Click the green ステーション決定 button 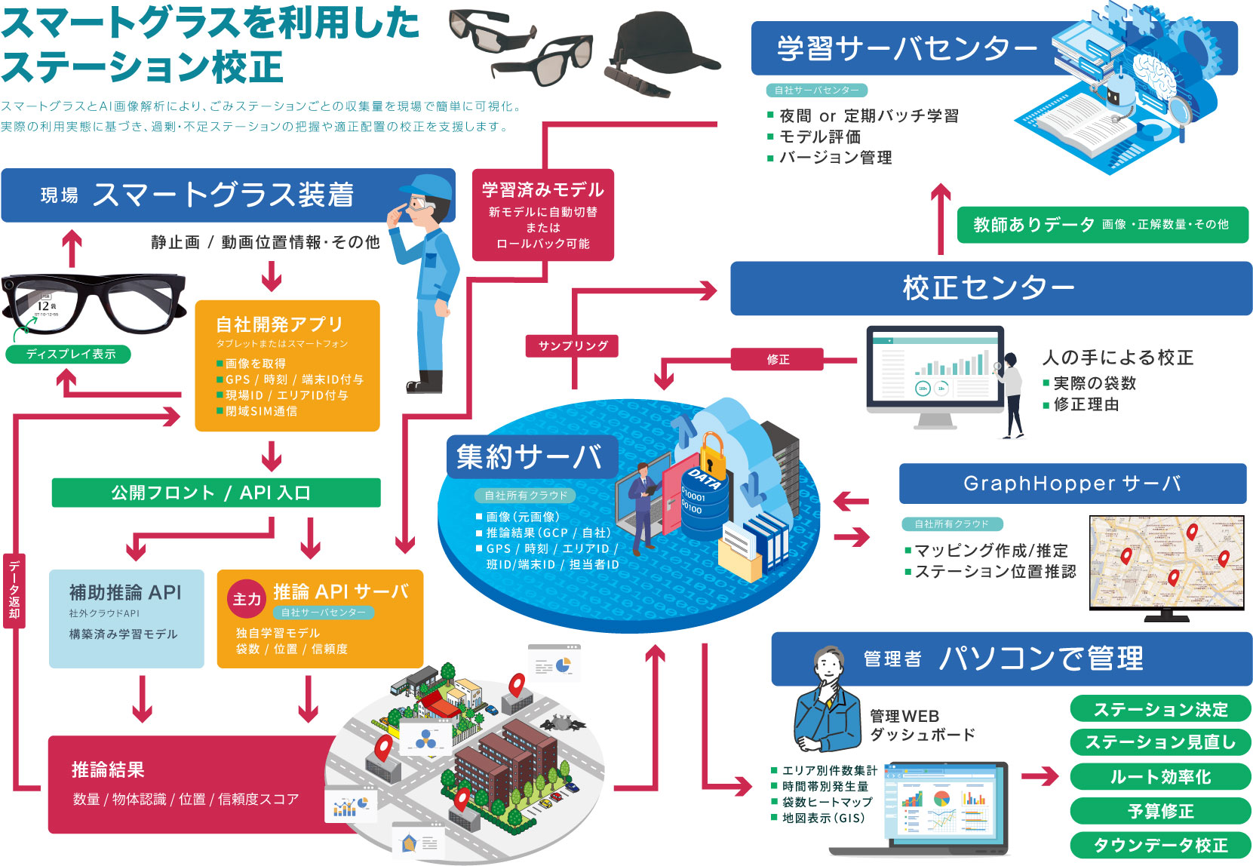click(1160, 709)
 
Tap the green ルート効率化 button click(1160, 777)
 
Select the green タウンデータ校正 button click(1160, 846)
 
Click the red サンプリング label click(573, 345)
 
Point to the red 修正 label click(777, 359)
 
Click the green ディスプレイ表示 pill click(69, 354)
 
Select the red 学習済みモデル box click(542, 215)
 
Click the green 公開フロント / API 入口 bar click(216, 493)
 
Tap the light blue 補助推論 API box click(126, 618)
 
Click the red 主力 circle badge click(246, 599)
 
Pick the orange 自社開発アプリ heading click(279, 324)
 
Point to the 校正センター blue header click(990, 288)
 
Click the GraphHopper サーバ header click(1072, 484)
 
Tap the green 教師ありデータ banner click(1101, 224)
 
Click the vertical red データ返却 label click(14, 589)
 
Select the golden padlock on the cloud click(711, 453)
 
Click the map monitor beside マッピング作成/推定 click(1165, 563)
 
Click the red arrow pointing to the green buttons click(1040, 776)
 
